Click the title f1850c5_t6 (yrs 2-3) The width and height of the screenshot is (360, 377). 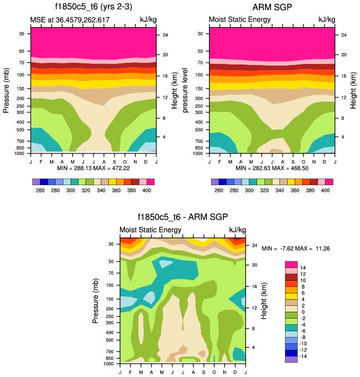[93, 7]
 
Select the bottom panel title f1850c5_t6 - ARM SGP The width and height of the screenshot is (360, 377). [183, 217]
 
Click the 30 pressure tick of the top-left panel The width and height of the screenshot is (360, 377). [22, 33]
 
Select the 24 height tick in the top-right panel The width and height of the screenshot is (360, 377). [344, 35]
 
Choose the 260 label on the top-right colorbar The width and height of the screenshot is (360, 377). [219, 190]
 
